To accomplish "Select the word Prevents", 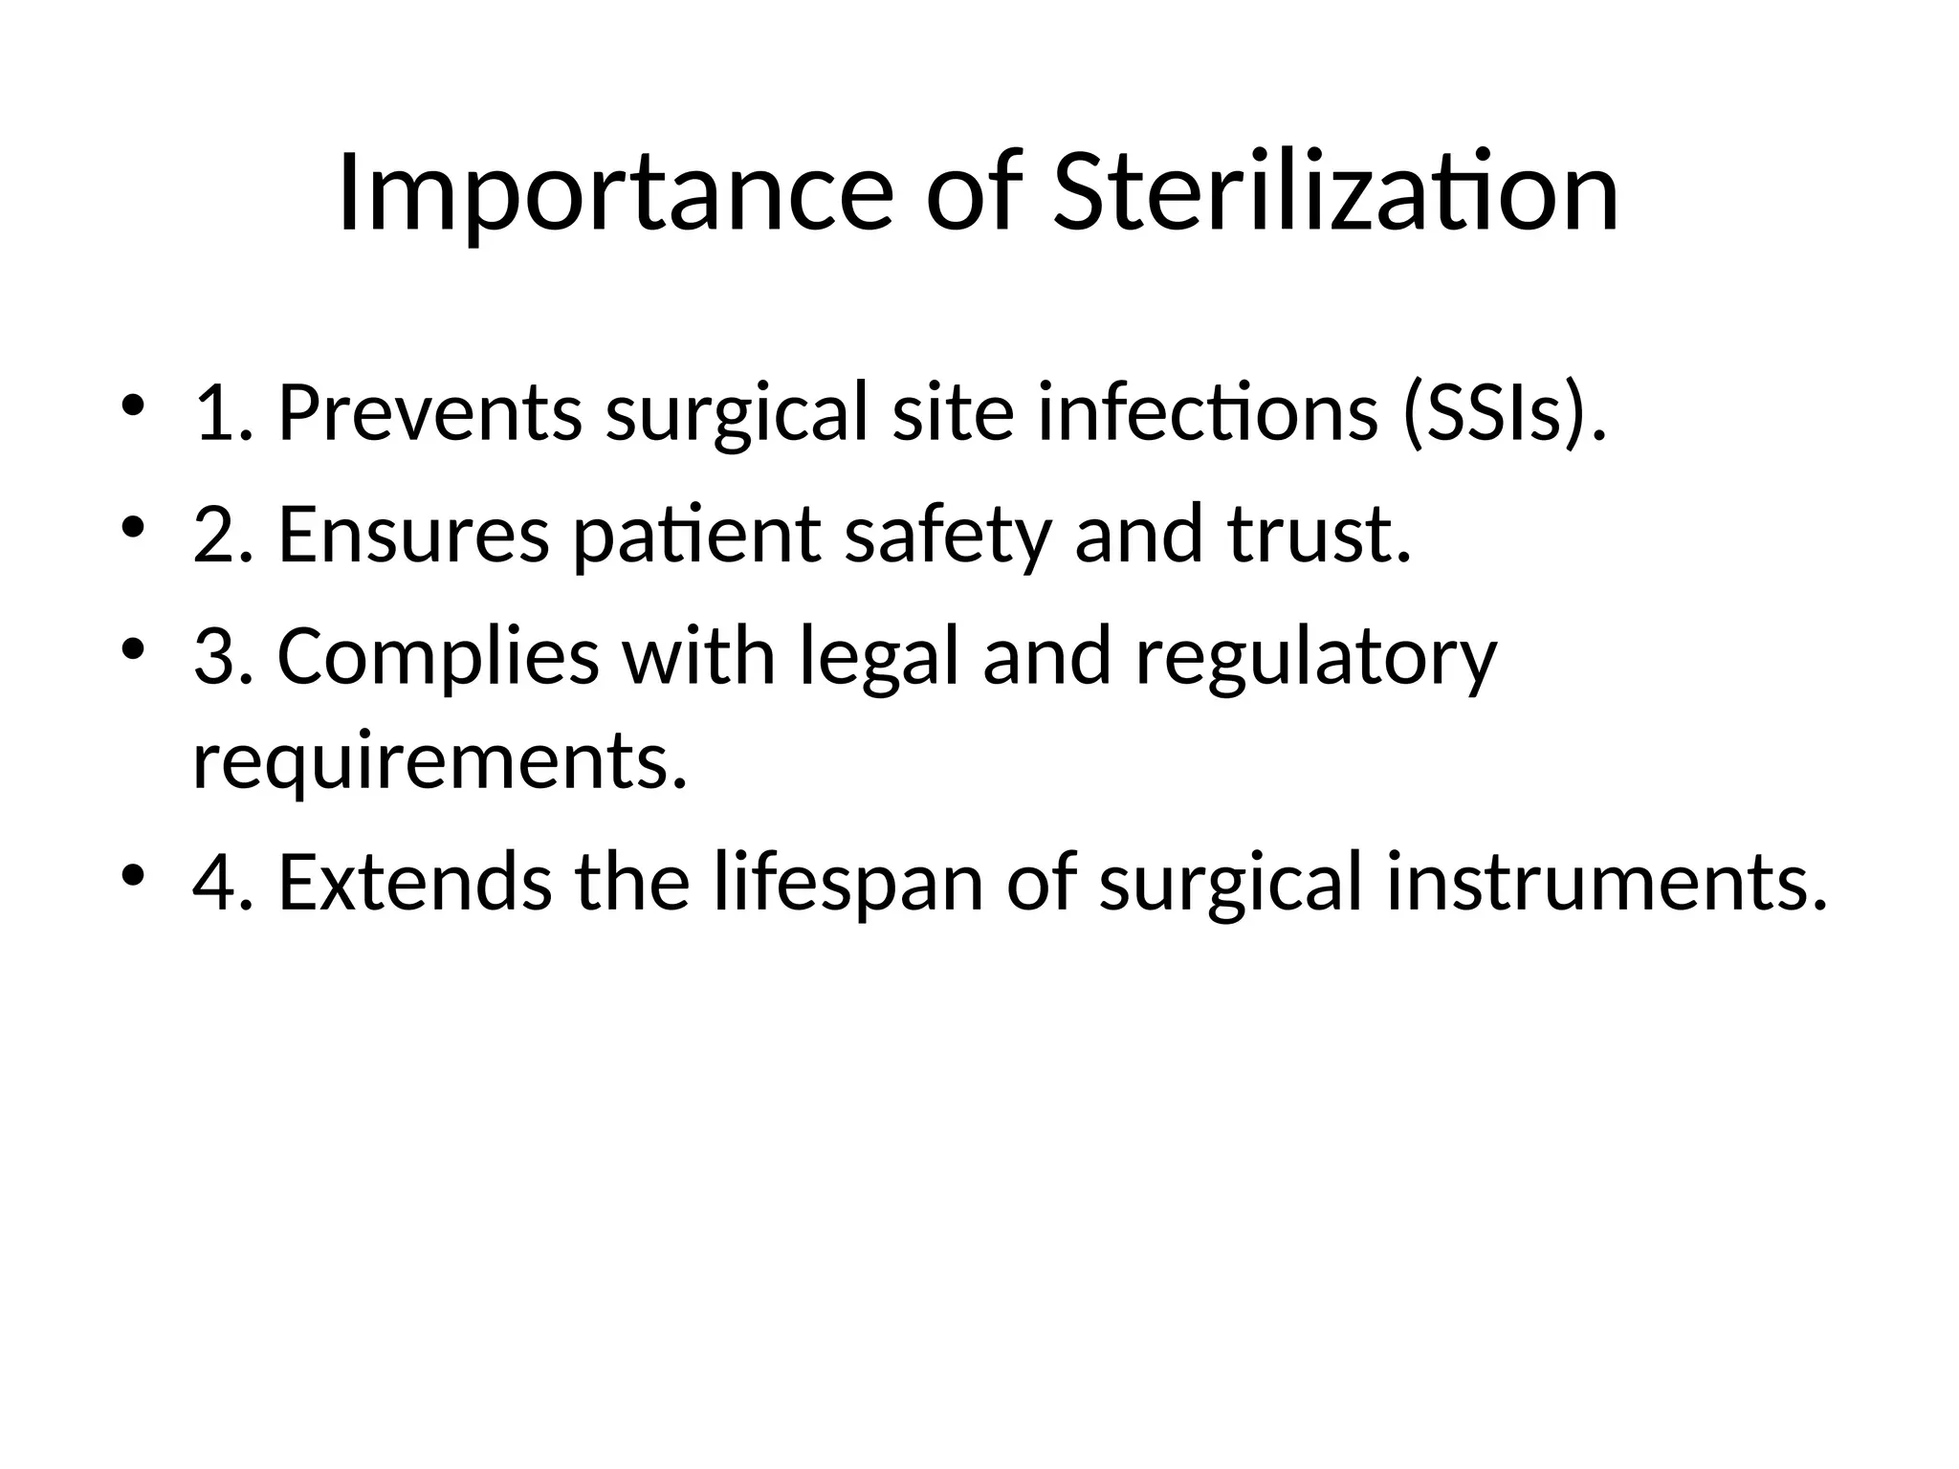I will tap(429, 413).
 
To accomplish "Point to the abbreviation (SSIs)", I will tap(1503, 413).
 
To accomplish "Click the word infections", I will tap(1207, 413).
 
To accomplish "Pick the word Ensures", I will tap(413, 535).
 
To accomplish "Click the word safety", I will tap(947, 535).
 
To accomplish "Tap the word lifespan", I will tap(847, 884).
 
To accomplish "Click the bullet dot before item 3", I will tap(133, 650).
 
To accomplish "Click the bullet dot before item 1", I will tap(133, 406).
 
